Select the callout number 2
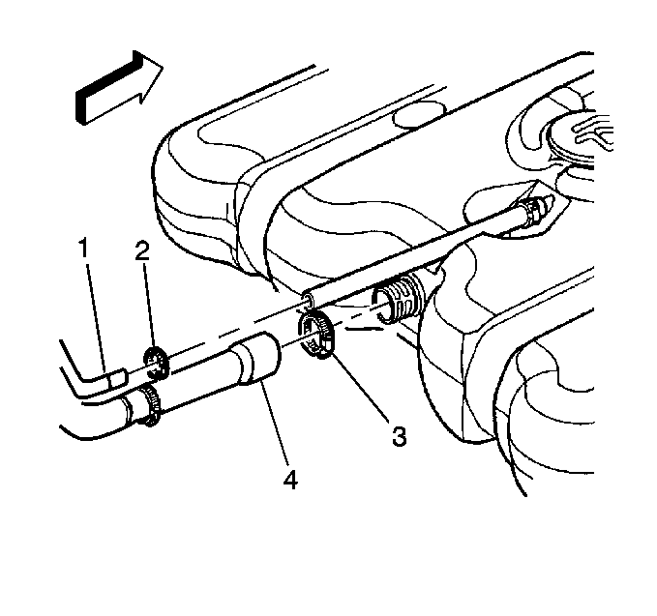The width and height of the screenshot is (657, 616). [142, 251]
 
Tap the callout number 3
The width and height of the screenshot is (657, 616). [399, 436]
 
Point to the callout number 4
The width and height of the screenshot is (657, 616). [290, 479]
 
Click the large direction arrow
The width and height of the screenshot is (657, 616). [119, 87]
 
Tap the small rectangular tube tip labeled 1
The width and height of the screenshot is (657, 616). [117, 378]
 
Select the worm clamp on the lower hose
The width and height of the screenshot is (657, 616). [147, 404]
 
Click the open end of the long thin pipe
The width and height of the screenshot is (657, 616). [309, 299]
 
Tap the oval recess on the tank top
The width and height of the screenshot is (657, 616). [419, 115]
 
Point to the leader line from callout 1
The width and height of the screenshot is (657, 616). [98, 316]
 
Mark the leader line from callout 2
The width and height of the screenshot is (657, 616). [150, 307]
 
